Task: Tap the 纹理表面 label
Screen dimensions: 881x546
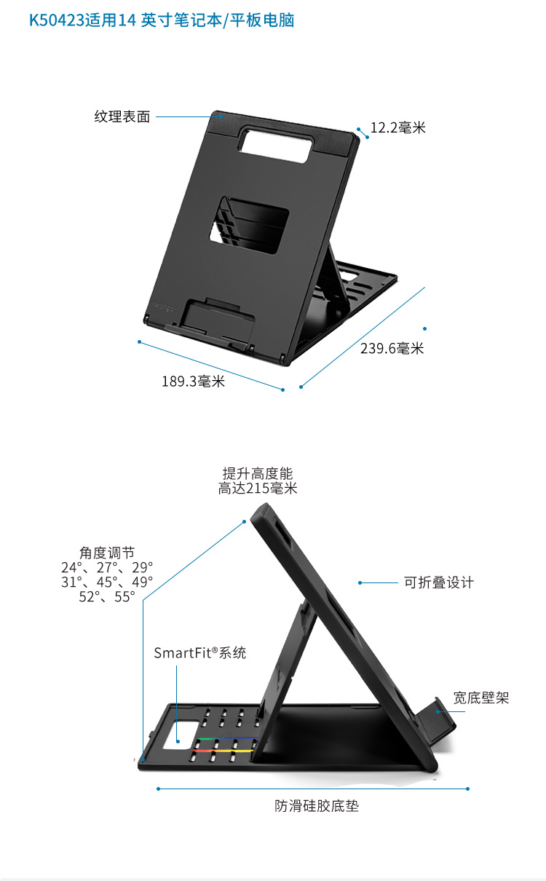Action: coord(122,116)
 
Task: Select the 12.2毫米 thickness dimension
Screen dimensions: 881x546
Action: coord(397,128)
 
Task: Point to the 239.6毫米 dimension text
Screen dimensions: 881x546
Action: coord(392,348)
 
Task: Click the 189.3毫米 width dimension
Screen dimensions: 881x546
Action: coord(193,381)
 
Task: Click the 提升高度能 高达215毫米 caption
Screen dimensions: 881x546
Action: coord(258,481)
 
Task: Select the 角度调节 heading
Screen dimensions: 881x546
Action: coord(107,553)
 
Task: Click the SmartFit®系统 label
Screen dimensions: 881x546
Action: coord(199,653)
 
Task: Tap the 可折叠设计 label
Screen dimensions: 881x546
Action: coord(438,582)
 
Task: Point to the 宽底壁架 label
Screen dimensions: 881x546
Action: coord(480,698)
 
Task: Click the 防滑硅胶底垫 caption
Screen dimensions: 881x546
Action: coord(317,806)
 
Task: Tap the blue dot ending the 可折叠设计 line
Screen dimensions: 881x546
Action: coord(360,582)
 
